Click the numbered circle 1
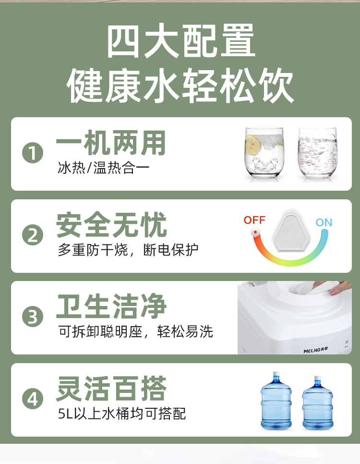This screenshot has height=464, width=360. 33,153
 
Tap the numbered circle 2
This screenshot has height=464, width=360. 33,235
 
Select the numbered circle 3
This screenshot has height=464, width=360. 33,317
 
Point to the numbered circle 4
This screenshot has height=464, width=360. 33,399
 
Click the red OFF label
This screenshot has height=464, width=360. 254,220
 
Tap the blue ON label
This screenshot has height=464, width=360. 324,222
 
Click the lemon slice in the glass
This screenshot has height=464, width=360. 253,145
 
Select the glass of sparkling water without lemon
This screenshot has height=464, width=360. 318,152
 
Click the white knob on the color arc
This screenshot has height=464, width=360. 255,232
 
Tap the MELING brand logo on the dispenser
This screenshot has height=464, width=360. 316,350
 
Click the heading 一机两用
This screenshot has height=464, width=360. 111,143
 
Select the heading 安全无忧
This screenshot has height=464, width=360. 111,225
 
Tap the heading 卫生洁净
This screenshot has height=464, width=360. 111,306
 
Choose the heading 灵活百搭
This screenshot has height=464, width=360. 111,388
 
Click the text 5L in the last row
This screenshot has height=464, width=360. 65,414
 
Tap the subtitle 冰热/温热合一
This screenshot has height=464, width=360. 104,168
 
